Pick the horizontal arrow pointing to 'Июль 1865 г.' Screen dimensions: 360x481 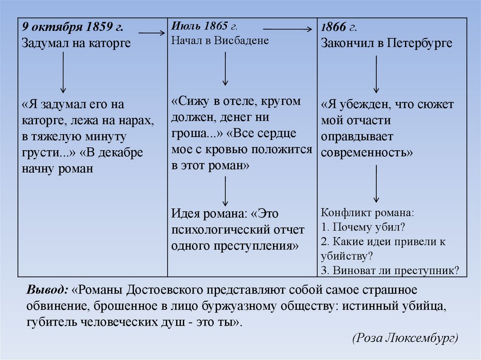152,33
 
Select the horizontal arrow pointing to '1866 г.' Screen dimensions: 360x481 287,29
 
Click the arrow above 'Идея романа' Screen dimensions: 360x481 226,191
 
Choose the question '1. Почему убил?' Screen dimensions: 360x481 364,227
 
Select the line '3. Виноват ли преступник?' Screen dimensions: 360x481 390,270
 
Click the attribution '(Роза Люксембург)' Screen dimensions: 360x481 404,338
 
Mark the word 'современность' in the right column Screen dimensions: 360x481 367,153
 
